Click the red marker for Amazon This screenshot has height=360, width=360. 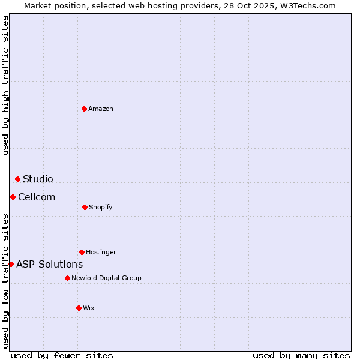click(x=85, y=109)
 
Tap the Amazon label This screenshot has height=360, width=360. click(x=101, y=109)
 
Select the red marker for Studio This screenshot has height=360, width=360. click(x=18, y=179)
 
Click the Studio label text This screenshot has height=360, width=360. click(x=38, y=179)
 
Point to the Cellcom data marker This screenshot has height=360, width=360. click(x=13, y=197)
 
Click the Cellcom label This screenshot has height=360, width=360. click(x=37, y=197)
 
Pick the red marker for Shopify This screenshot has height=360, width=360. click(x=85, y=207)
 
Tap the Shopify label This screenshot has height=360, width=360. click(x=100, y=207)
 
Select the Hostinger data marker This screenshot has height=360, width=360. click(x=82, y=252)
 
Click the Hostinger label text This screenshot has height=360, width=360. click(x=101, y=252)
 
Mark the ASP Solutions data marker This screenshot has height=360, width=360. click(x=11, y=264)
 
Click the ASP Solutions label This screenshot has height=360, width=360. click(x=49, y=264)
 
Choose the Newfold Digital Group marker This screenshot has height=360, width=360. click(x=67, y=278)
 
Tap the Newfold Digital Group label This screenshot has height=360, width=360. click(x=106, y=278)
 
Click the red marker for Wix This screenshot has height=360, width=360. click(x=79, y=308)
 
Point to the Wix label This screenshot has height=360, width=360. click(x=89, y=308)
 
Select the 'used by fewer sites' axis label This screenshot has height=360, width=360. click(x=62, y=355)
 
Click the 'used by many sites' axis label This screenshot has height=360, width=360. click(x=301, y=355)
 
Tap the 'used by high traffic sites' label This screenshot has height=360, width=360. click(x=5, y=85)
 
